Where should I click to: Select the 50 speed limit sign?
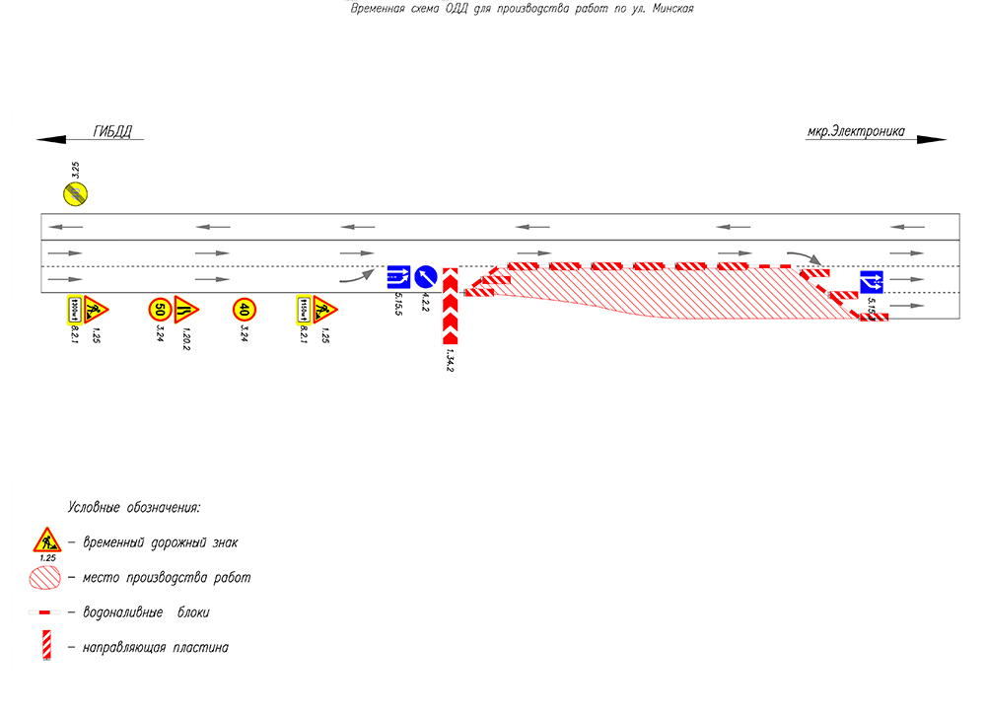pos(160,310)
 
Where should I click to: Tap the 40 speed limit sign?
pos(245,310)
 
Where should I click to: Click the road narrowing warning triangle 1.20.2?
pos(186,309)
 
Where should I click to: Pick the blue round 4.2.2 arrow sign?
pos(426,277)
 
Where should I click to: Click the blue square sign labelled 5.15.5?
pos(398,277)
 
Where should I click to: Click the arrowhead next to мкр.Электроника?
pos(931,140)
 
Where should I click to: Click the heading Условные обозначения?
pos(134,508)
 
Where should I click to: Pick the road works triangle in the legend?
pos(45,540)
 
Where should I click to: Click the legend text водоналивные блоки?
pos(146,612)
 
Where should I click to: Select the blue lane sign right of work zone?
pos(872,282)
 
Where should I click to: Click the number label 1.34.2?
pos(450,362)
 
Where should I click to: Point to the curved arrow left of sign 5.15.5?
pos(357,276)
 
